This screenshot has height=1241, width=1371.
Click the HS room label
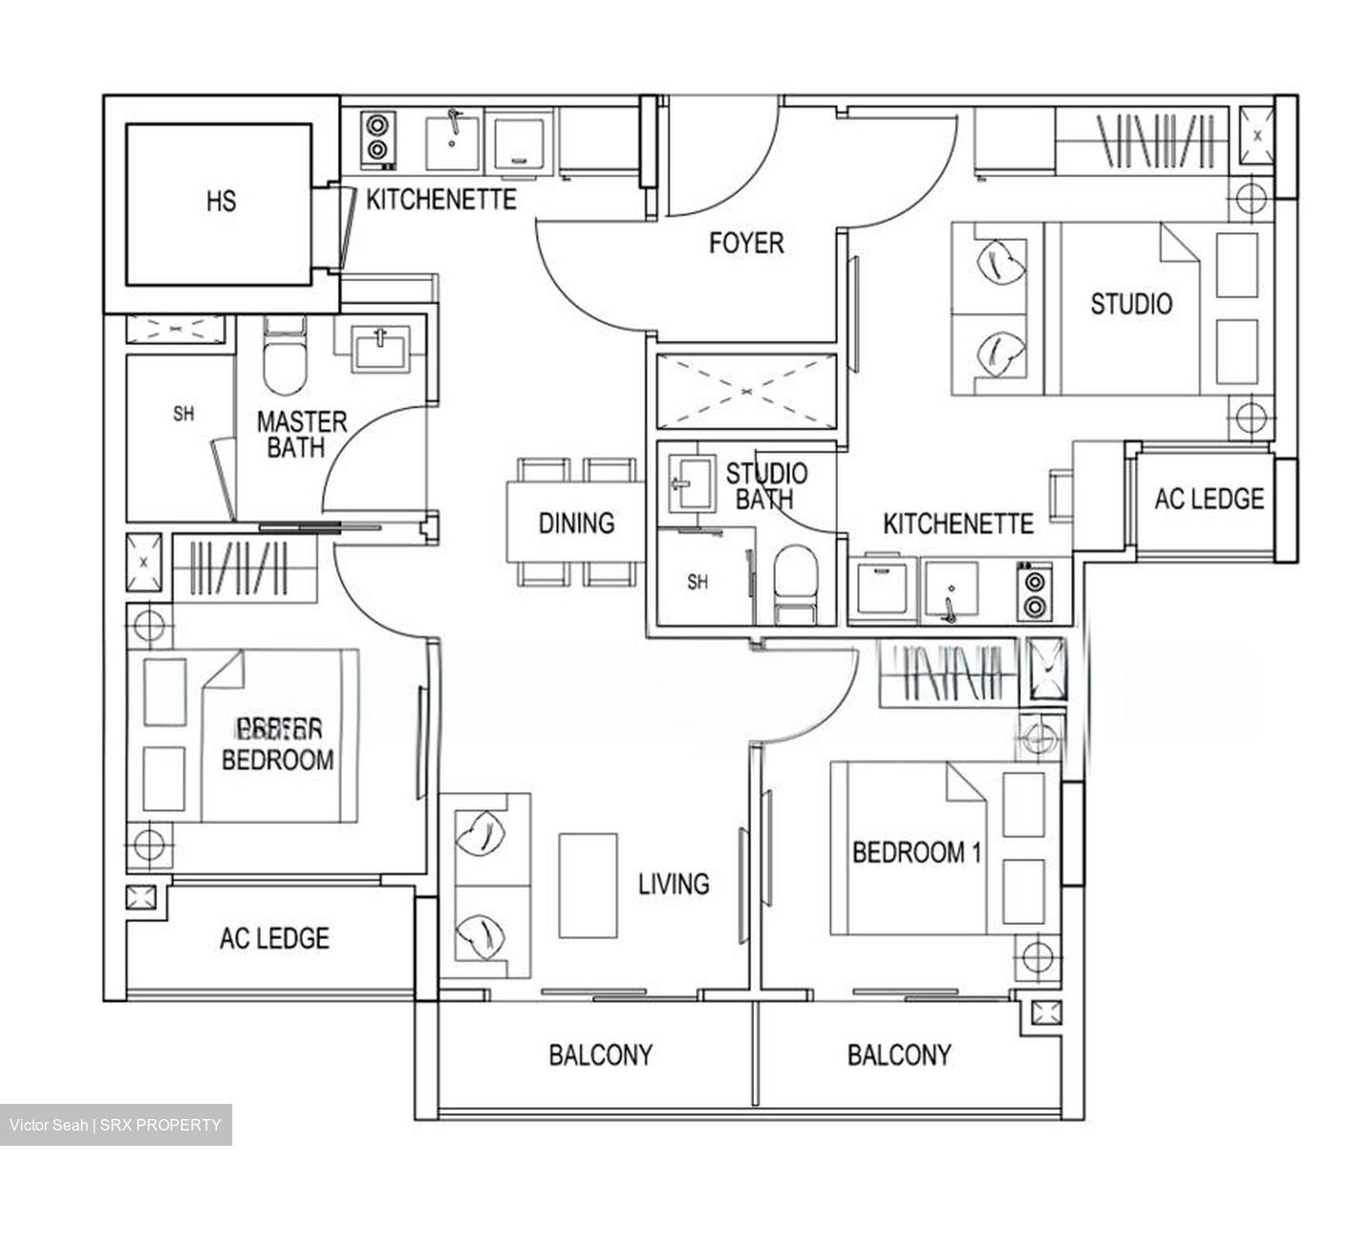221,202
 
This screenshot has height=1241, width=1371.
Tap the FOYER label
746,244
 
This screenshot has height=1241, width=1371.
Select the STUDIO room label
1131,305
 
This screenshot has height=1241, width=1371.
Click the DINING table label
576,523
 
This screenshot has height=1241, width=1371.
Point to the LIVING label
673,884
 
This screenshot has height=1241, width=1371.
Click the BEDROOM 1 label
916,852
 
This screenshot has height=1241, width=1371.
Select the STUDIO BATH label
766,486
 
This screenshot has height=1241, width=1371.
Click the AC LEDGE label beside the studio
1208,499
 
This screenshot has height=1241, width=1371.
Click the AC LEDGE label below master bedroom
274,939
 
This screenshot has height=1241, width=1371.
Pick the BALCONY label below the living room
600,1055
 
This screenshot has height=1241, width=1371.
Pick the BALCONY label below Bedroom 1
899,1055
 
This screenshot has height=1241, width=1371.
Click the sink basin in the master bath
379,347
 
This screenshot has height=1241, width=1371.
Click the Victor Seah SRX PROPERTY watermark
115,1125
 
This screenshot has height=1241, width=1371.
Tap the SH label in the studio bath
697,583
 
